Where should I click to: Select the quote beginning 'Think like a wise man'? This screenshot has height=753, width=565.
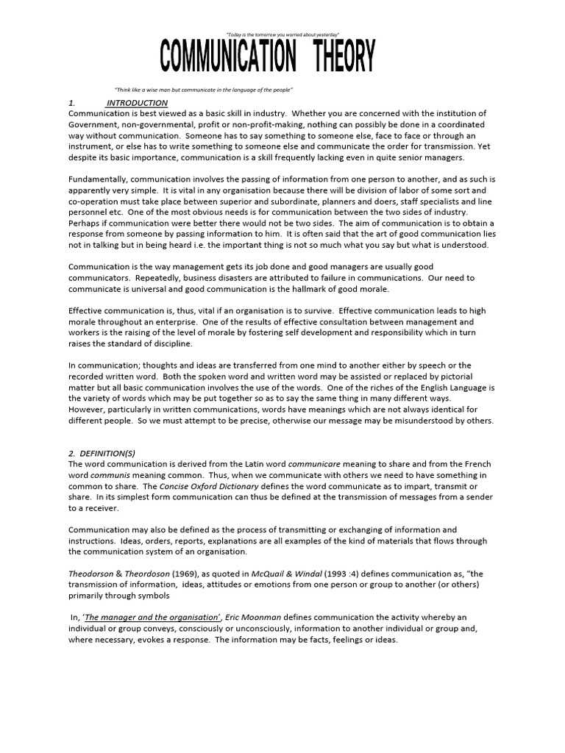point(204,90)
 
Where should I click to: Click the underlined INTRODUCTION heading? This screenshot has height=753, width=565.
point(138,103)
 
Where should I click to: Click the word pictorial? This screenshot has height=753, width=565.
point(472,376)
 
